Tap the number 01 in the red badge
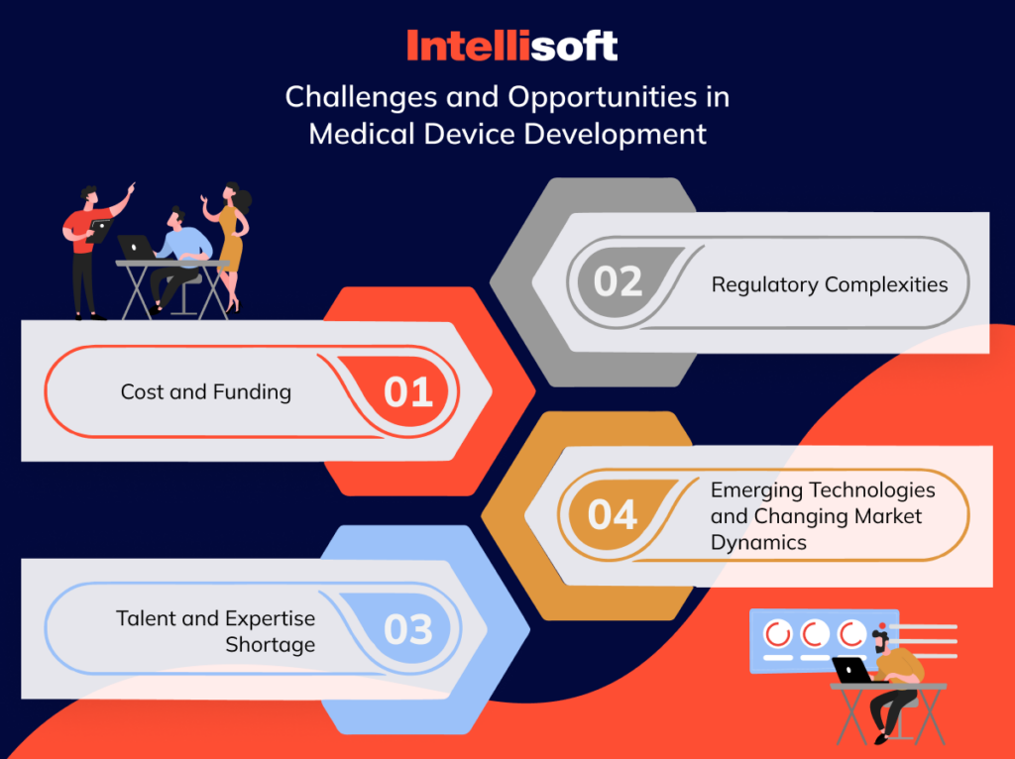[408, 392]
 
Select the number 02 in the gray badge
[619, 282]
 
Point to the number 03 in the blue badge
[408, 630]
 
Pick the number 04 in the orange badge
[613, 515]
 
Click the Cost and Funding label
[206, 392]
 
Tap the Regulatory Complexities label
[830, 285]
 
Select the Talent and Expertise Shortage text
[215, 631]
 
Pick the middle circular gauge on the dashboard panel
[815, 633]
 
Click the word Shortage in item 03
[270, 644]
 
